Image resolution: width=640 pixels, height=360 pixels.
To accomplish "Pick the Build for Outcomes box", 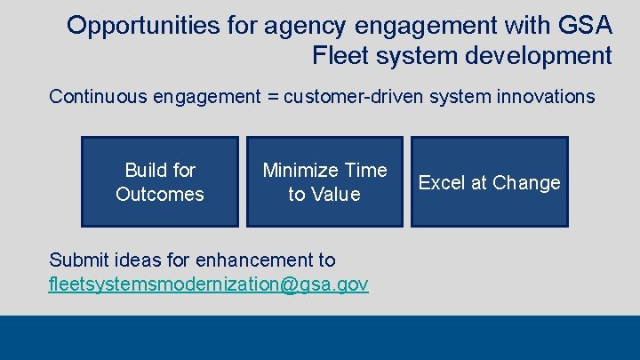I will pyautogui.click(x=160, y=181).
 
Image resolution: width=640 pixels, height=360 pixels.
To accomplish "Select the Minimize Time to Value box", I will pyautogui.click(x=324, y=181).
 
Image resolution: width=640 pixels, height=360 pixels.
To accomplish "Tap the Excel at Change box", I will pyautogui.click(x=489, y=181).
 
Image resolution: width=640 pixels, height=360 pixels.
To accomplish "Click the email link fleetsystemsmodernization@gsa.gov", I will pyautogui.click(x=209, y=284).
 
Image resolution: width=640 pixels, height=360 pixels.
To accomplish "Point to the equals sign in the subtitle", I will pyautogui.click(x=271, y=97).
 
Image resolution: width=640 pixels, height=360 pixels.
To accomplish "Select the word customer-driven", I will pyautogui.click(x=353, y=96).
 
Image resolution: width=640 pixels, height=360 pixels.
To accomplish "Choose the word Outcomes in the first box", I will pyautogui.click(x=160, y=194).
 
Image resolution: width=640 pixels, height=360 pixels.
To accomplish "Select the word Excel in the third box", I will pyautogui.click(x=441, y=182).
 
